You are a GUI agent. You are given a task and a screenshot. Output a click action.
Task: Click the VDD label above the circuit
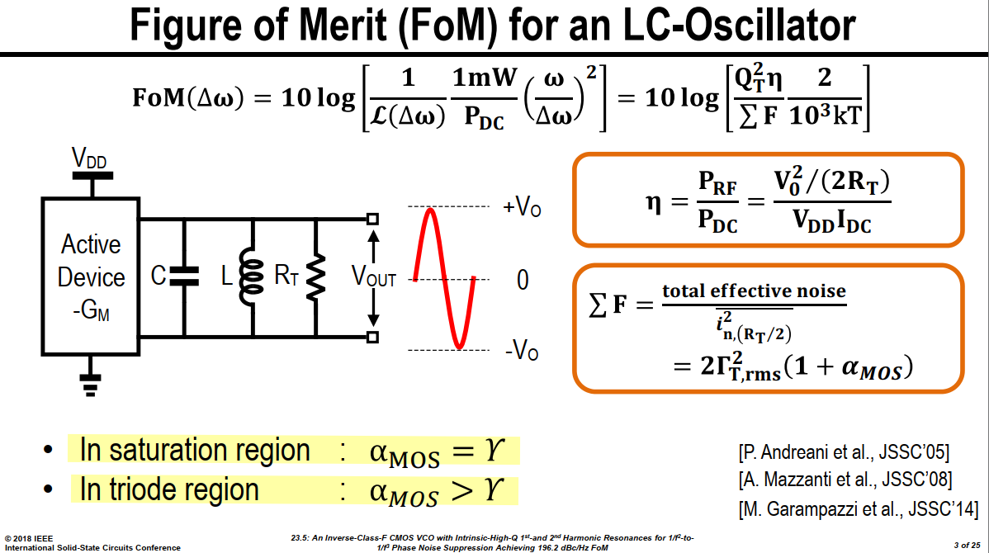[89, 158]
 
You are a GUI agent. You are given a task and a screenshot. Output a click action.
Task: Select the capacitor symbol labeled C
[184, 276]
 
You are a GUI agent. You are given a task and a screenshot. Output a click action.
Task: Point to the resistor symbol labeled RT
[315, 276]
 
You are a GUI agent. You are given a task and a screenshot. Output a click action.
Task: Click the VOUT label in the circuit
[373, 276]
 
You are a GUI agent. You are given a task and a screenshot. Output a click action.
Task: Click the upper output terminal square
[373, 220]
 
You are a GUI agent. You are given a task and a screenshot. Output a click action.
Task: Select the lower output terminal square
[373, 338]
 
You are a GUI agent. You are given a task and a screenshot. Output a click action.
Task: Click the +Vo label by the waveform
[522, 206]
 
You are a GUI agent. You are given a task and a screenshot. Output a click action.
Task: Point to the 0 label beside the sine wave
[523, 279]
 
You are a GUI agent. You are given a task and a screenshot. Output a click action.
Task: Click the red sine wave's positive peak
[429, 210]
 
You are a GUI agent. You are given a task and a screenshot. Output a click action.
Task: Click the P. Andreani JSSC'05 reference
[844, 452]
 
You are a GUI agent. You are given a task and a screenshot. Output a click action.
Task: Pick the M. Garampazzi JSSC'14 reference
[859, 508]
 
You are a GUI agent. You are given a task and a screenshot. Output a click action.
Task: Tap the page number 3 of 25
[967, 545]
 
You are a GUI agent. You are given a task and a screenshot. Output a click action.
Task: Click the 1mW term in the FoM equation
[485, 78]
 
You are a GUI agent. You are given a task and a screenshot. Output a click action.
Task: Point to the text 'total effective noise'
[754, 291]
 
